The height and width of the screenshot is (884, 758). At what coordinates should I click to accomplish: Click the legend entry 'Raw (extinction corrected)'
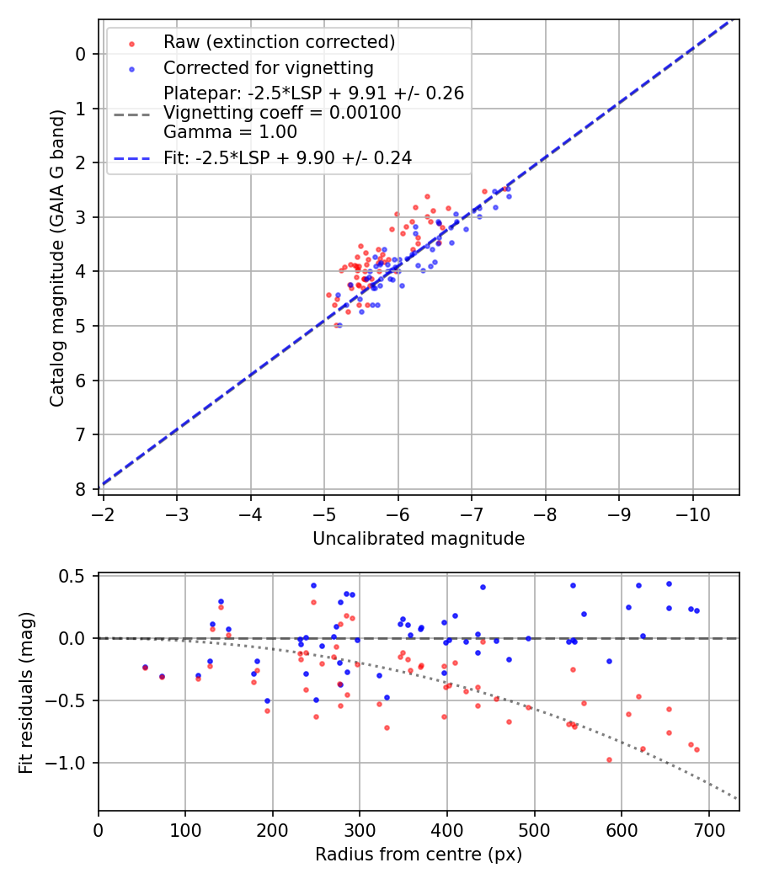pyautogui.click(x=279, y=42)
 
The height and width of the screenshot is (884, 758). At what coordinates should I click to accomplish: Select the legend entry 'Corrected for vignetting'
pyautogui.click(x=269, y=67)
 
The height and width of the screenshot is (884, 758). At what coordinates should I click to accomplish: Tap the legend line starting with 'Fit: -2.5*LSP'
pyautogui.click(x=287, y=157)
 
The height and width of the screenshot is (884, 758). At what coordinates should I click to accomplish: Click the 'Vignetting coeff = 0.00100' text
pyautogui.click(x=282, y=113)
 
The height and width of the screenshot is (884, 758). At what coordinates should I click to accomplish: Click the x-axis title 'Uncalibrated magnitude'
pyautogui.click(x=419, y=539)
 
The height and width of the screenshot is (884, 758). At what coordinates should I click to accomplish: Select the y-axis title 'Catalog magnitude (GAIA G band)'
pyautogui.click(x=57, y=275)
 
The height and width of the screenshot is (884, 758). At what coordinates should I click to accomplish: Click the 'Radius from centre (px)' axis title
pyautogui.click(x=419, y=855)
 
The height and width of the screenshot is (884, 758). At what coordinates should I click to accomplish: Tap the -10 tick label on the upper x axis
pyautogui.click(x=692, y=514)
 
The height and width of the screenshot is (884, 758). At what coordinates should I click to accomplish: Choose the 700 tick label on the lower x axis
pyautogui.click(x=708, y=830)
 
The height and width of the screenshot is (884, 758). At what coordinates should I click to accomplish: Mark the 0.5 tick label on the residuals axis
pyautogui.click(x=75, y=576)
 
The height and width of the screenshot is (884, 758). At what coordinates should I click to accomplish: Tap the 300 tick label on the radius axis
pyautogui.click(x=360, y=830)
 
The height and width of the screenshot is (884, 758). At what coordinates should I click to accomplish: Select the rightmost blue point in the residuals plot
pyautogui.click(x=697, y=610)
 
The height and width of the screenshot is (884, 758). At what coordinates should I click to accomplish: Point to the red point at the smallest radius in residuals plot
pyautogui.click(x=145, y=668)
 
